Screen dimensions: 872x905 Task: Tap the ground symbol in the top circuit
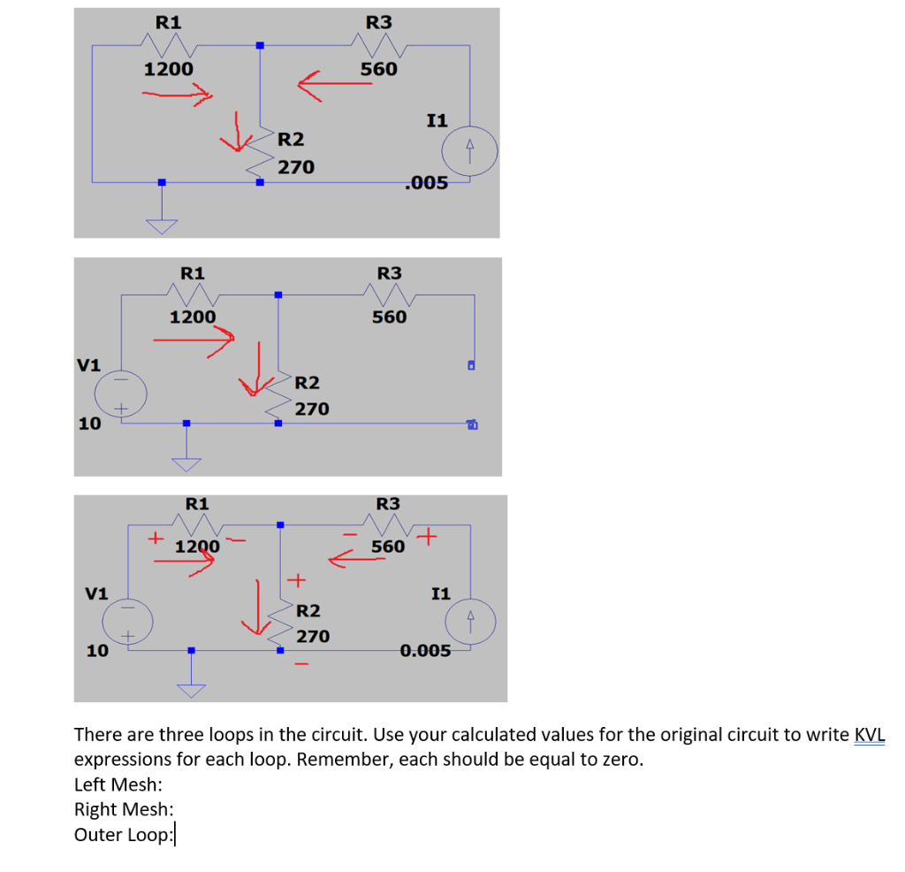click(x=161, y=224)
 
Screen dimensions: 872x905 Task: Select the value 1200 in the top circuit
click(x=169, y=68)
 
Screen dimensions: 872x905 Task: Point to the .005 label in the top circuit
click(x=425, y=183)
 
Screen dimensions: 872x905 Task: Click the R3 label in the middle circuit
click(x=389, y=273)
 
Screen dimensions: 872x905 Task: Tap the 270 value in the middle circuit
click(x=312, y=409)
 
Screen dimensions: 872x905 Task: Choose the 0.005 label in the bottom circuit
click(x=425, y=652)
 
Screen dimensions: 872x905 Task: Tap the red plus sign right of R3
click(x=430, y=536)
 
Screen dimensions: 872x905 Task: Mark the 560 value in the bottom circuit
click(x=388, y=547)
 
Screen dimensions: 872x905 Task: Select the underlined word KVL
click(x=870, y=735)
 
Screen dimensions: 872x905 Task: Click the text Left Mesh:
click(x=118, y=784)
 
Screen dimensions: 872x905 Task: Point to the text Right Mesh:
click(x=123, y=809)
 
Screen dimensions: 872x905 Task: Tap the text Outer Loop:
click(x=123, y=835)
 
